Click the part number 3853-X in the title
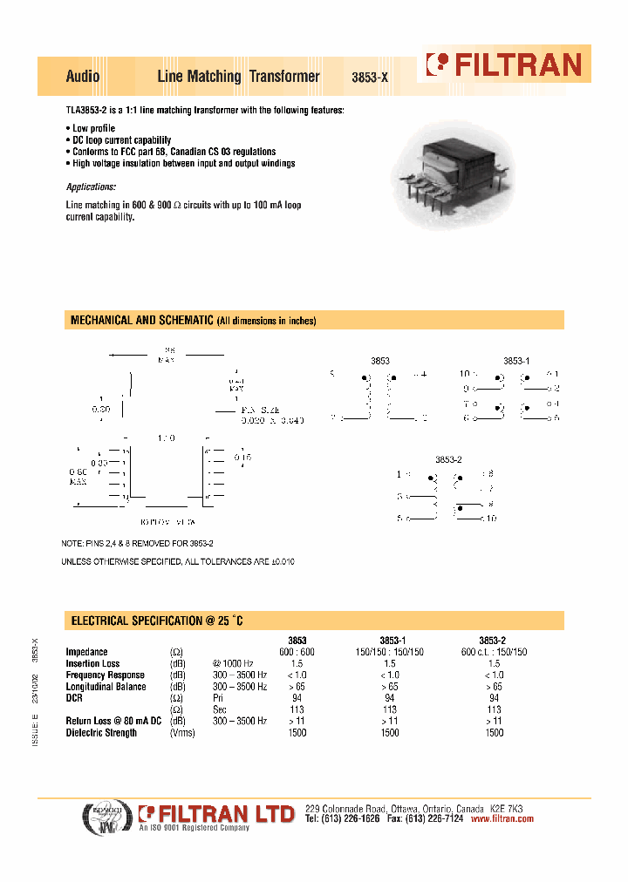tap(369, 78)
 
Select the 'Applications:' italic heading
tap(91, 187)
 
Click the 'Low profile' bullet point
tap(92, 129)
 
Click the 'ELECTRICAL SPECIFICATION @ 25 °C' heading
tap(156, 621)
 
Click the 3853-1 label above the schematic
tap(516, 360)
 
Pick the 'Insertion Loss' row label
tap(93, 663)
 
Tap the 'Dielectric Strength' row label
tap(101, 733)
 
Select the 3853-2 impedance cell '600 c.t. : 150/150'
tap(494, 652)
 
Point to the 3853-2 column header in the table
tap(494, 641)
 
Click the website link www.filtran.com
tap(502, 819)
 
